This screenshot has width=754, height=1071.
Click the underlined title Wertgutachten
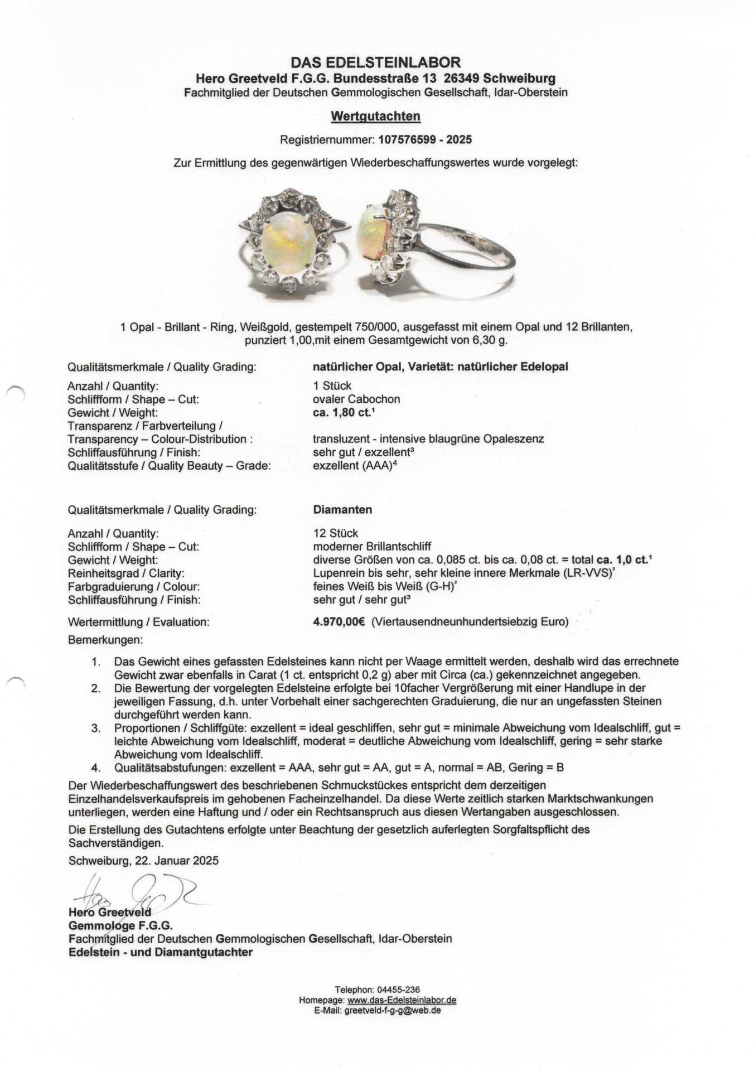(x=375, y=116)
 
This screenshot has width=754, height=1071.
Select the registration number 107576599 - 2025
(x=424, y=139)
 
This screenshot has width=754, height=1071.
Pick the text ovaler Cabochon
(x=356, y=399)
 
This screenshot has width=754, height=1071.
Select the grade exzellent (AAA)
(x=355, y=466)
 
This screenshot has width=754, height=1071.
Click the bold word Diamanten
(x=342, y=509)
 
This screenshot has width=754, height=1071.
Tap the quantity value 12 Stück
(x=336, y=533)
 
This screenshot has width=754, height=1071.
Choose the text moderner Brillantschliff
(x=372, y=547)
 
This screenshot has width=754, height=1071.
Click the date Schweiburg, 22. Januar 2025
(x=143, y=860)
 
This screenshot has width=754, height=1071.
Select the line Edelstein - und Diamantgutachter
(x=160, y=952)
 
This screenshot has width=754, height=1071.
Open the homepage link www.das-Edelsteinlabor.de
(x=402, y=1000)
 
